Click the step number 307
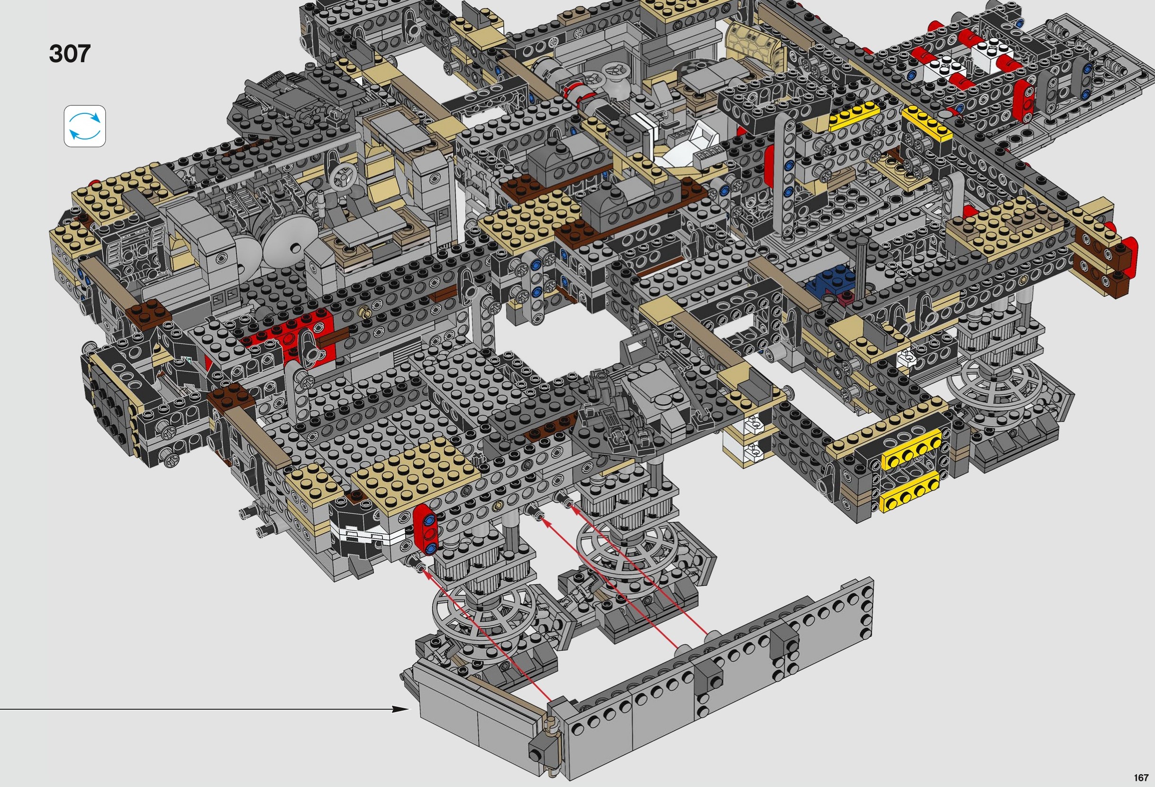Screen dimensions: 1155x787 click(x=70, y=54)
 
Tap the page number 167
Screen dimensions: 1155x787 click(x=1142, y=778)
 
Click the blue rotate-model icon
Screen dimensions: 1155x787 click(x=84, y=126)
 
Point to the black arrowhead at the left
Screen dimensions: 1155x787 click(x=401, y=709)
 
